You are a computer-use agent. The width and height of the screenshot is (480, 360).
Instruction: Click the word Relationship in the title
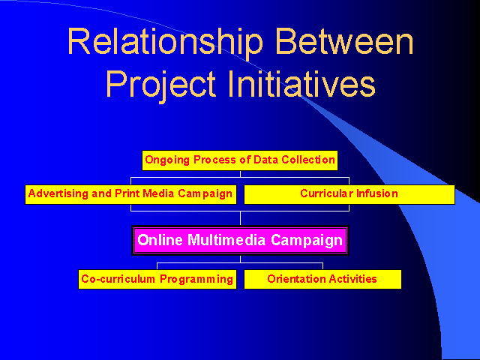[165, 42]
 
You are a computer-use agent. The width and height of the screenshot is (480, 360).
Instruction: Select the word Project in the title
[161, 83]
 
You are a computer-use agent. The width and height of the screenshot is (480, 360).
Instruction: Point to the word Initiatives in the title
[301, 83]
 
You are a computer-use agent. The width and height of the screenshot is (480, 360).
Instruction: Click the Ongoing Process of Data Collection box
[240, 160]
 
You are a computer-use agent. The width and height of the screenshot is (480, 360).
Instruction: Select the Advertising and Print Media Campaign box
[130, 194]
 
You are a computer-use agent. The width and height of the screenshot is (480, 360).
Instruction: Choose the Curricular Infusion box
[349, 194]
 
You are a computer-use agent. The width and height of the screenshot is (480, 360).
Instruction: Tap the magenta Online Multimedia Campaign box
[240, 240]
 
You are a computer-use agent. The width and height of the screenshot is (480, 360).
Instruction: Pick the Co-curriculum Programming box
[157, 279]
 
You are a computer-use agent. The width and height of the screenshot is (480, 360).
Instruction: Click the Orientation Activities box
[322, 279]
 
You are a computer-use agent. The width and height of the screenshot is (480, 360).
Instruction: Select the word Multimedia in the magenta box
[226, 240]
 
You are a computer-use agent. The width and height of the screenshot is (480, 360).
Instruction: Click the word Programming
[196, 280]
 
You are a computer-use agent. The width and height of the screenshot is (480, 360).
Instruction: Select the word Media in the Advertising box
[158, 193]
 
